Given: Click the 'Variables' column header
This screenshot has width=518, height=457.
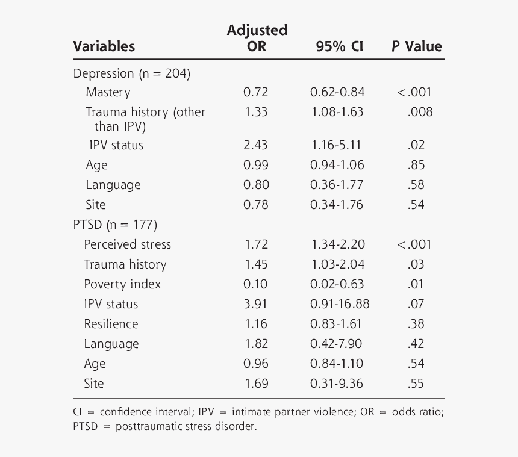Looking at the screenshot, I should [x=104, y=46].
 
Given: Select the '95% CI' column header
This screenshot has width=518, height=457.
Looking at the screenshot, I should [x=340, y=46].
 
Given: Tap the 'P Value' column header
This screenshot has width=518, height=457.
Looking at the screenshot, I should [x=417, y=46].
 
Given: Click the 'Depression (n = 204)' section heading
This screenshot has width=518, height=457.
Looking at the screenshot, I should [x=131, y=73].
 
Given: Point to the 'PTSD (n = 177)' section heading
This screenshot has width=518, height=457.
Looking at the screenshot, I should [x=115, y=225].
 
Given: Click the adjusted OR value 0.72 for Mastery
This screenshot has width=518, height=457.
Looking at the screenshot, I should [x=256, y=92].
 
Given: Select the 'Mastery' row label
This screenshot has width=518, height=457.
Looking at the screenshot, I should [x=108, y=92].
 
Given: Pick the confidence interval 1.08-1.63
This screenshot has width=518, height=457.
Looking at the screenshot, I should [x=337, y=112].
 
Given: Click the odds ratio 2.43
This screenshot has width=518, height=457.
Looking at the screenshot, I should [x=256, y=145].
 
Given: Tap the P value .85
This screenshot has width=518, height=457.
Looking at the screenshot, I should [x=416, y=165].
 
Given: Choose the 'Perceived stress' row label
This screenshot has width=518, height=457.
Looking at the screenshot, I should [x=128, y=244].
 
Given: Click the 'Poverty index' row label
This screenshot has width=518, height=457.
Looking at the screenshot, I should [x=122, y=284].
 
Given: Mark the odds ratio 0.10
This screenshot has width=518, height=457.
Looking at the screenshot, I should [x=256, y=284].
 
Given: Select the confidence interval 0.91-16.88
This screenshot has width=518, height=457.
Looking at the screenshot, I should [x=340, y=304].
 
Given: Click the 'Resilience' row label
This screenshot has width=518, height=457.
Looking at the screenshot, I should [x=111, y=324].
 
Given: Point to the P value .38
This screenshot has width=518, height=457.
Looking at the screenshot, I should [x=416, y=324].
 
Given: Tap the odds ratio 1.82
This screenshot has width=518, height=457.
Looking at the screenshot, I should [x=256, y=344].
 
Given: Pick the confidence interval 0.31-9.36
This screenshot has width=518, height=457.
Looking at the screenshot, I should [x=337, y=384].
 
